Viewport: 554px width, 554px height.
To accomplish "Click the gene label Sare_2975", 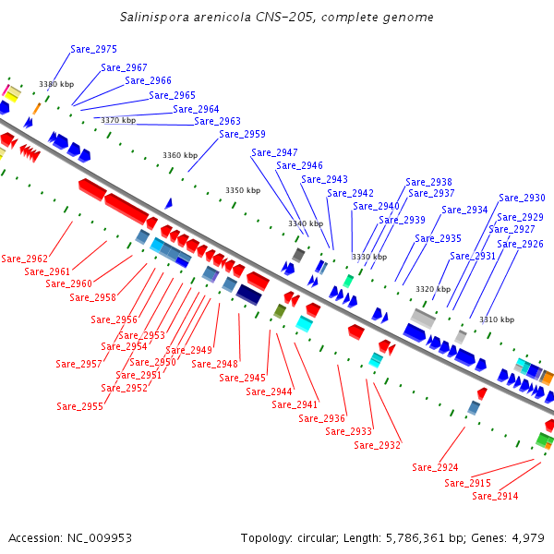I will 93,49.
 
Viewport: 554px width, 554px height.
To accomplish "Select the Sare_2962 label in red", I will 24,259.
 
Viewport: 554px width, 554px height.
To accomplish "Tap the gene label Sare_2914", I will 495,496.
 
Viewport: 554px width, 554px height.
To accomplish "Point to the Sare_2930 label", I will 522,198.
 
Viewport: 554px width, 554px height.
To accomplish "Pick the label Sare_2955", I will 79,406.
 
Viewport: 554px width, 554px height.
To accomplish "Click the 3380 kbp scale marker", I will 55,84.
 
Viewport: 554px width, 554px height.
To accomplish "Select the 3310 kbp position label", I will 497,319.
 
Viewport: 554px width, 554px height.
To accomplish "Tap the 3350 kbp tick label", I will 243,190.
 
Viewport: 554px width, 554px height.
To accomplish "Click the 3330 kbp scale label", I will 368,257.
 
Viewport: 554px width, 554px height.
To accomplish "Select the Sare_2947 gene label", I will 274,152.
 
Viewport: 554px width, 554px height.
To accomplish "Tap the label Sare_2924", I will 435,467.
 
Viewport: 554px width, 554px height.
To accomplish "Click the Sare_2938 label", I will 428,182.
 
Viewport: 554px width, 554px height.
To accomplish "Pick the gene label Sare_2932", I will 378,445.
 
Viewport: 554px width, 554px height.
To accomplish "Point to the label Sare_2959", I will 242,134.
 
